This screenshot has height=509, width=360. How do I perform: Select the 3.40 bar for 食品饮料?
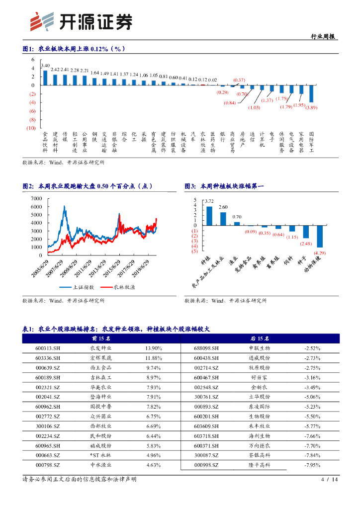click(x=45, y=78)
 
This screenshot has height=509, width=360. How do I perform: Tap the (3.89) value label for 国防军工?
click(x=312, y=107)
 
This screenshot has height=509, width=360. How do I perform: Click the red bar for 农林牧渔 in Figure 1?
click(x=203, y=85)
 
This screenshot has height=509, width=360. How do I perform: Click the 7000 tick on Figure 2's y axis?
click(x=36, y=198)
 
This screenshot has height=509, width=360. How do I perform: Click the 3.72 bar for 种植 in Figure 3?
click(x=209, y=216)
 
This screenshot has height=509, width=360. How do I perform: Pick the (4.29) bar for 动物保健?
click(x=320, y=236)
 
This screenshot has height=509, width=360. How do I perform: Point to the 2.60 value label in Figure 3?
click(x=223, y=207)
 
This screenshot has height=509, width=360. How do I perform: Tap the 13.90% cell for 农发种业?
click(x=154, y=348)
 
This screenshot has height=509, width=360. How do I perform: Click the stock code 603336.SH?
click(x=48, y=358)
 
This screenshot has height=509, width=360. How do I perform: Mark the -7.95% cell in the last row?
click(x=312, y=465)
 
